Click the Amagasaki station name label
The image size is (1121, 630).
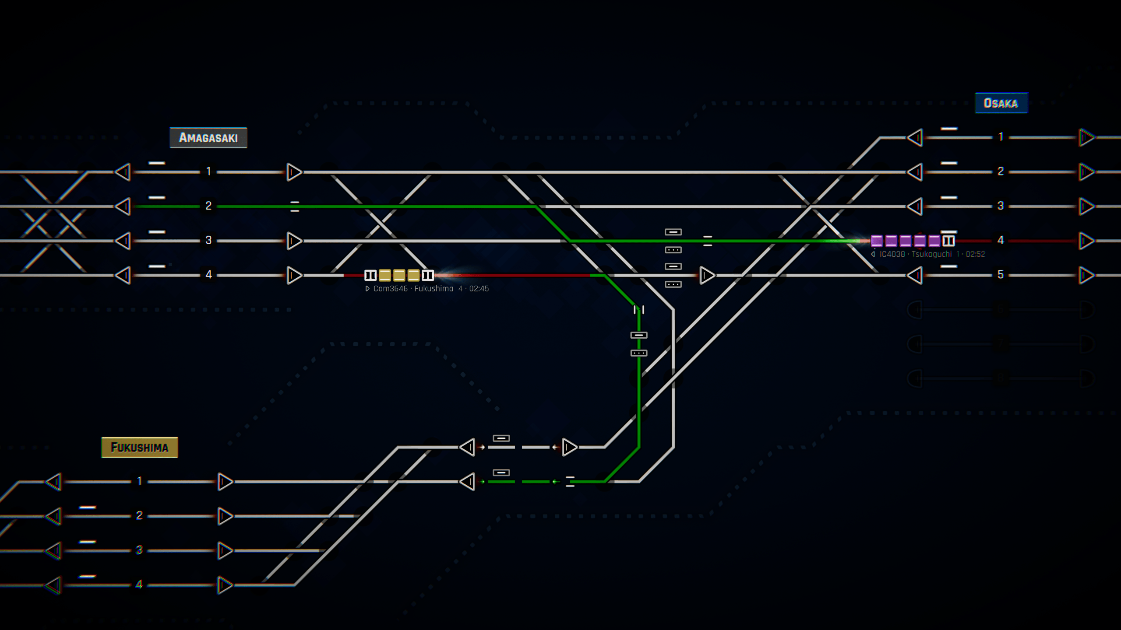click(x=208, y=138)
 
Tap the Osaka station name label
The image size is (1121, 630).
click(x=1001, y=103)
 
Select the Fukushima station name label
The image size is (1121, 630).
click(x=140, y=447)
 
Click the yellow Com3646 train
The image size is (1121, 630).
click(x=399, y=275)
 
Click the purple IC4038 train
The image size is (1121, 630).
click(x=913, y=241)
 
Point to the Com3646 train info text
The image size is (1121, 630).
click(x=427, y=289)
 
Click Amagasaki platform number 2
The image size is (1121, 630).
click(x=208, y=206)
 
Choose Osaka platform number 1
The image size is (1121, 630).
click(x=1001, y=137)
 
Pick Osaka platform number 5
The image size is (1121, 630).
click(x=1001, y=275)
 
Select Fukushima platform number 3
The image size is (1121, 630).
click(x=139, y=550)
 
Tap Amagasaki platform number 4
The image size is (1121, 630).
click(x=208, y=275)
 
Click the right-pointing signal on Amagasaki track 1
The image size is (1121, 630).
click(x=294, y=172)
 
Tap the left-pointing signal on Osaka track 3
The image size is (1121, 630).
click(x=915, y=206)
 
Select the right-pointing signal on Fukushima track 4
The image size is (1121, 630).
click(x=225, y=585)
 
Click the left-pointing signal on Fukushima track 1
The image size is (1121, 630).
click(x=53, y=482)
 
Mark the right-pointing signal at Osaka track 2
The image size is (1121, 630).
click(x=1086, y=172)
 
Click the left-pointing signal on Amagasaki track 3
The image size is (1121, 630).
click(x=123, y=241)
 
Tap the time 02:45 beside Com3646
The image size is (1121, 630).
click(x=479, y=289)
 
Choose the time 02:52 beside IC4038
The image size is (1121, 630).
click(x=975, y=254)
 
